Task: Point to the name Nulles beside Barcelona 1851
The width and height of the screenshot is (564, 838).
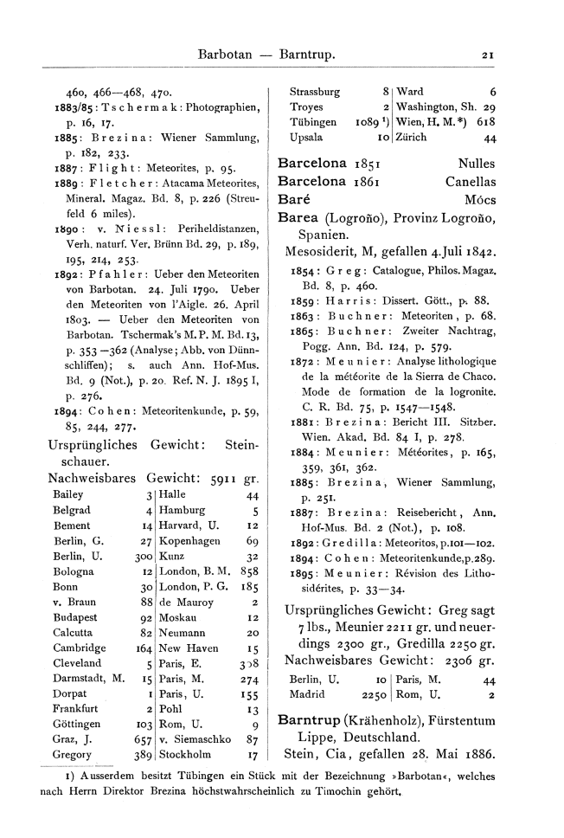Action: coord(477,163)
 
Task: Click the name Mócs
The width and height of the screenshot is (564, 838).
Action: coord(480,200)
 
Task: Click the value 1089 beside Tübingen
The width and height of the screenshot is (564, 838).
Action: coord(367,123)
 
